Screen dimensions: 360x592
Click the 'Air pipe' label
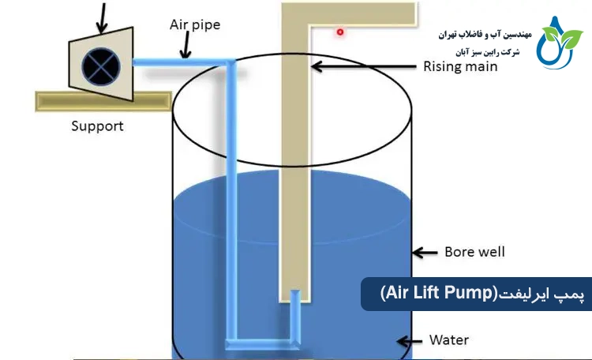coord(195,24)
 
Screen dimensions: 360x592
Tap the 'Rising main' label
coord(460,66)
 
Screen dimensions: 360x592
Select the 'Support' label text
coord(97,126)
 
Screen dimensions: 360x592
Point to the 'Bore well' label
coord(473,252)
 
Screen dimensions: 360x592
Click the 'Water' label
coord(449,340)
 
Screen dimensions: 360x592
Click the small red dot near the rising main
coord(340,32)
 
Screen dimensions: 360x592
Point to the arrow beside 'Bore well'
coord(427,253)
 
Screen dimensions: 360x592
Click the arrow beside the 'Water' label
coord(409,342)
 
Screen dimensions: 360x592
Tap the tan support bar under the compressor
coord(103,100)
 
